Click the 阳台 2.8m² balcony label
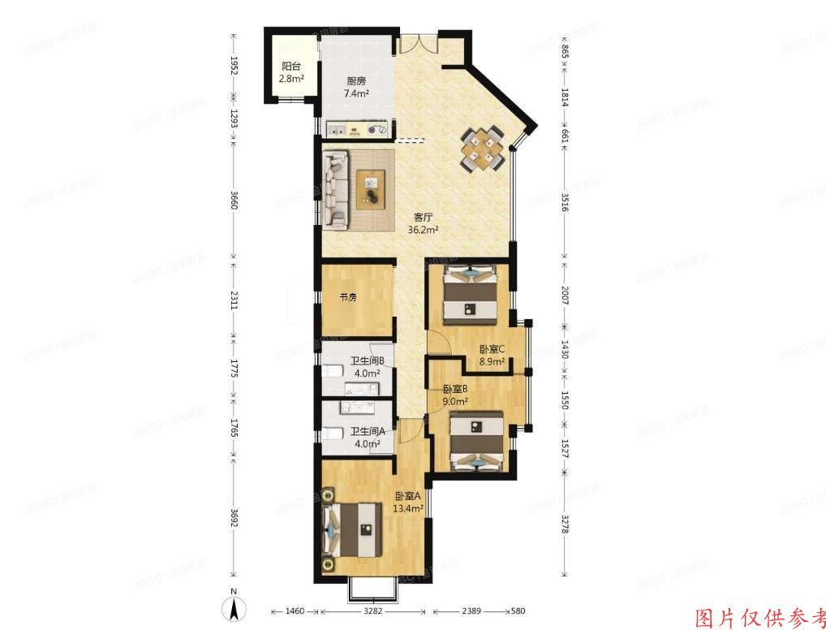[291, 73]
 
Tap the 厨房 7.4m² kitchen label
[357, 87]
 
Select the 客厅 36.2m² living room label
[424, 223]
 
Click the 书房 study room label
[348, 297]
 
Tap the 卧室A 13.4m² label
[409, 503]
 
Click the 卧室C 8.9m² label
[492, 356]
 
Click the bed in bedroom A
[353, 529]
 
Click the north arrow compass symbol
[234, 606]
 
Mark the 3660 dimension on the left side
[234, 201]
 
